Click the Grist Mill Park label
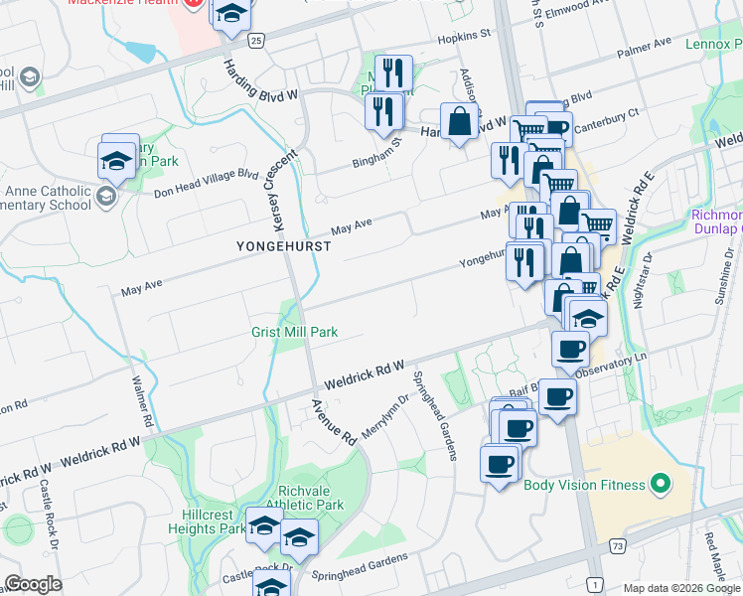(294, 332)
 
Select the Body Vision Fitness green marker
(659, 486)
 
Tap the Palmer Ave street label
(644, 47)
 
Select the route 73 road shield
(618, 545)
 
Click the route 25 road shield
(256, 40)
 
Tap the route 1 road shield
(594, 582)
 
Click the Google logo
(34, 583)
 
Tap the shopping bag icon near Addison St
(459, 122)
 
